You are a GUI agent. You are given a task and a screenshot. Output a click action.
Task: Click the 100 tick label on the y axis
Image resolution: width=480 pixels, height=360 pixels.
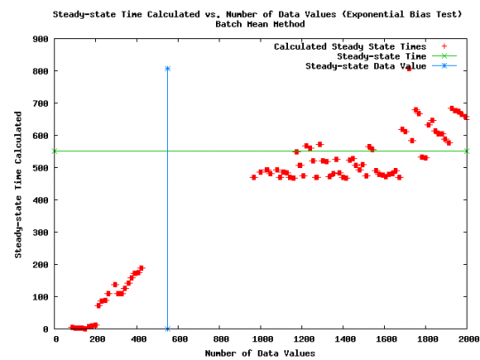coord(40,297)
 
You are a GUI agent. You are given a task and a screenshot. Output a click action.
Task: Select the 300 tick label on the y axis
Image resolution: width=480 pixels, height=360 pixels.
coord(40,232)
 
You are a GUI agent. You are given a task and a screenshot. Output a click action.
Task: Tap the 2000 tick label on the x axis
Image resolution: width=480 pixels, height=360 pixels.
coord(468,340)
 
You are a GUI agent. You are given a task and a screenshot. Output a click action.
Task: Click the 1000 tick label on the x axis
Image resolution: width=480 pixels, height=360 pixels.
coord(261,340)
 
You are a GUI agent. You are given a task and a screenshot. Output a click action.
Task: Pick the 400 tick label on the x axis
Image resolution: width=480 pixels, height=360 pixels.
coord(138,340)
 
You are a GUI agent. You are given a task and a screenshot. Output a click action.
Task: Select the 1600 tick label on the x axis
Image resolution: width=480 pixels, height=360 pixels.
coord(385,340)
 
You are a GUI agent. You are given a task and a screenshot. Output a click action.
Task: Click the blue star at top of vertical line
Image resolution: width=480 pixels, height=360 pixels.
coord(167,68)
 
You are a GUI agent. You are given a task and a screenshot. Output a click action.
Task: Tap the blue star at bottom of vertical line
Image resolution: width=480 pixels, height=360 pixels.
coord(167,329)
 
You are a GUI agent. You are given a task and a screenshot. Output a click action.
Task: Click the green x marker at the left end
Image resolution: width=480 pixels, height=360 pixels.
coord(55,151)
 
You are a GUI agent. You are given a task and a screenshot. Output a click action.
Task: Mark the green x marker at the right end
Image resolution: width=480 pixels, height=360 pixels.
coord(468,151)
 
